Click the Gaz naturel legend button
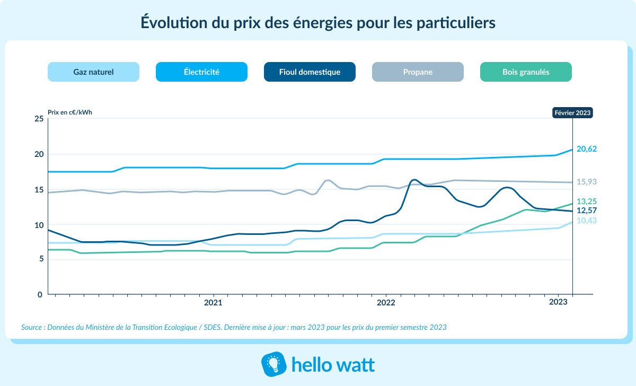click(93, 72)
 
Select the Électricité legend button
click(201, 72)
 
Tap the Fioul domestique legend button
click(310, 72)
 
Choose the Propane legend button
click(418, 72)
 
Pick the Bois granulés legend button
click(526, 72)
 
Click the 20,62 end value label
click(587, 150)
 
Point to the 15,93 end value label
click(587, 182)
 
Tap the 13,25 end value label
click(587, 201)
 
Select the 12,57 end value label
click(587, 211)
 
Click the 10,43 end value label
click(587, 221)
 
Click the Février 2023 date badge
click(572, 112)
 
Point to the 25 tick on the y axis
click(39, 119)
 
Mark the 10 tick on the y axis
click(39, 225)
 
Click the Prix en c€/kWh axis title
click(70, 112)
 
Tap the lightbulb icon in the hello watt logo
click(273, 364)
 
